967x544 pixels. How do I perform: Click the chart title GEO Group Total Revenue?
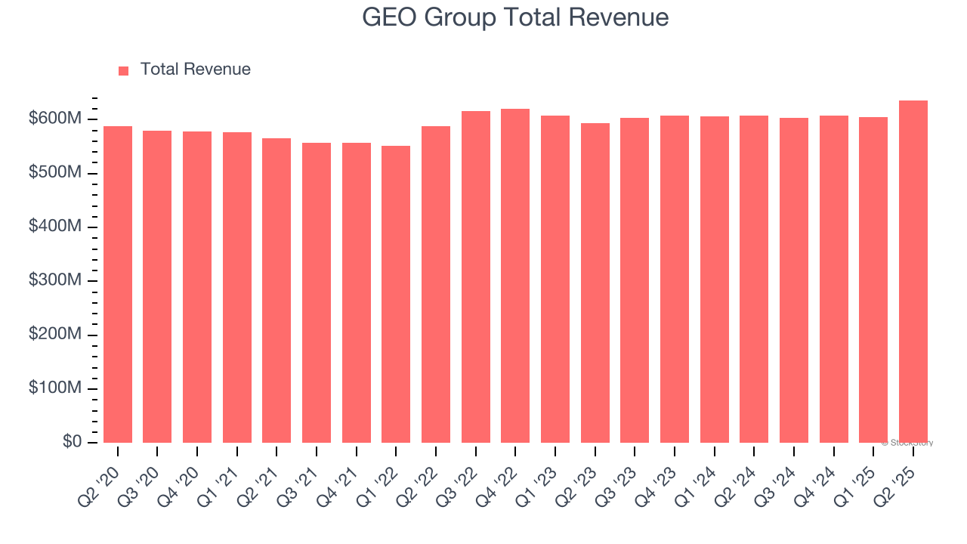point(515,17)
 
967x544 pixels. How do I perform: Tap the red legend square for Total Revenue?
point(124,70)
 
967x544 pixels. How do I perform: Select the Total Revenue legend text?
point(195,70)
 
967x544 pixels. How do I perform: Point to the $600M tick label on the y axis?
point(55,119)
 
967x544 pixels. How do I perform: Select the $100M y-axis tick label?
point(55,388)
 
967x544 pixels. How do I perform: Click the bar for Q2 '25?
point(913,272)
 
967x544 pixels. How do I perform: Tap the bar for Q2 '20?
point(118,284)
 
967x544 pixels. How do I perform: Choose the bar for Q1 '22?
point(396,294)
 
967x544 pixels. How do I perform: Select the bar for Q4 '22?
point(515,276)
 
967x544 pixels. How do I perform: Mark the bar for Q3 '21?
point(317,292)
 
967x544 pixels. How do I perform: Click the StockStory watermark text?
point(907,443)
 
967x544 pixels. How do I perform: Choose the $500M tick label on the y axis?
point(55,173)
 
